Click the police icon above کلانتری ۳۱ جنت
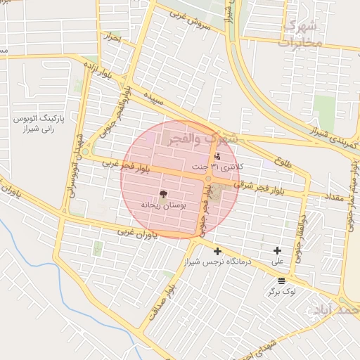pyautogui.click(x=217, y=156)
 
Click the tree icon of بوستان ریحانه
pyautogui.click(x=164, y=193)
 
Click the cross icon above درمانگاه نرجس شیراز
pyautogui.click(x=217, y=251)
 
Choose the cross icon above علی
pyautogui.click(x=278, y=250)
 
